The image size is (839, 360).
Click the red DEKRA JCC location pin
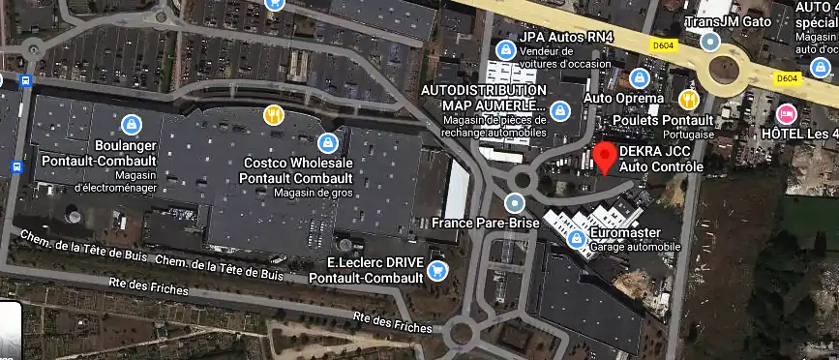(x=605, y=156)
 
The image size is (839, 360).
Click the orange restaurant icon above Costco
(x=274, y=115)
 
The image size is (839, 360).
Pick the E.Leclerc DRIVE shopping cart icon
(x=437, y=269)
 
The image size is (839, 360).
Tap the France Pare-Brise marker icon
(x=515, y=203)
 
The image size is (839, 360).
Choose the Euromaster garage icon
(x=576, y=237)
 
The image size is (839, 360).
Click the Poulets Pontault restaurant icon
(x=689, y=99)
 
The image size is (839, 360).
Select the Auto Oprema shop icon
(x=638, y=78)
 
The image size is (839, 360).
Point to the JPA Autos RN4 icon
(x=504, y=49)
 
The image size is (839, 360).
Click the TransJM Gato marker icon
(x=710, y=42)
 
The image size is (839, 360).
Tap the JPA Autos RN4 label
(x=566, y=36)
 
